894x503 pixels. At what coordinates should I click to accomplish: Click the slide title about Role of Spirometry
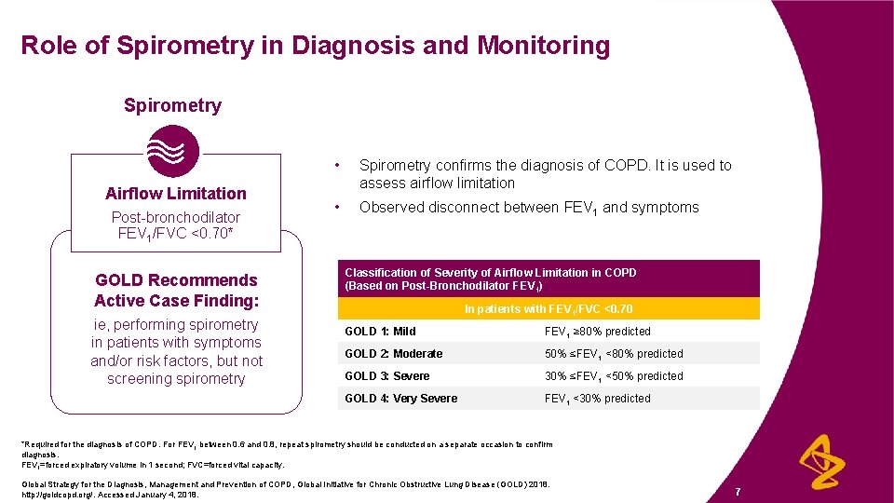(315, 46)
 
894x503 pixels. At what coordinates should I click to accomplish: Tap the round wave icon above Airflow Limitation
(174, 151)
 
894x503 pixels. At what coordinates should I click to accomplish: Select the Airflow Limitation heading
(176, 194)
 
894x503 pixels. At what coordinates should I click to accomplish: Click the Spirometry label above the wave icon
(172, 105)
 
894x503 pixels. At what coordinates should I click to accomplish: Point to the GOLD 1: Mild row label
(380, 332)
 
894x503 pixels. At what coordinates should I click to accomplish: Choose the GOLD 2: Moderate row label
(393, 354)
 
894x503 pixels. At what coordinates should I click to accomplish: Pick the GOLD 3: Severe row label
(386, 376)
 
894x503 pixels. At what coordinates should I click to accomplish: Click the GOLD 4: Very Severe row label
(400, 399)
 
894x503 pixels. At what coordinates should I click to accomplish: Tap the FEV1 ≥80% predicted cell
(597, 332)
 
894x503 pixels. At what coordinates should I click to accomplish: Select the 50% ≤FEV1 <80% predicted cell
(614, 354)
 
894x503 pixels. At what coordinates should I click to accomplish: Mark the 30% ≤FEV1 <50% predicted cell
(614, 376)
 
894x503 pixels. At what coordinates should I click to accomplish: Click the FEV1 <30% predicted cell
(597, 399)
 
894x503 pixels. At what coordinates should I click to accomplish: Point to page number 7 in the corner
(738, 491)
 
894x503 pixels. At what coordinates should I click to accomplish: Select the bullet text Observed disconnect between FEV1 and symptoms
(529, 208)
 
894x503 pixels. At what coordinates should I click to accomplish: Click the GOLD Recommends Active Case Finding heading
(176, 291)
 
